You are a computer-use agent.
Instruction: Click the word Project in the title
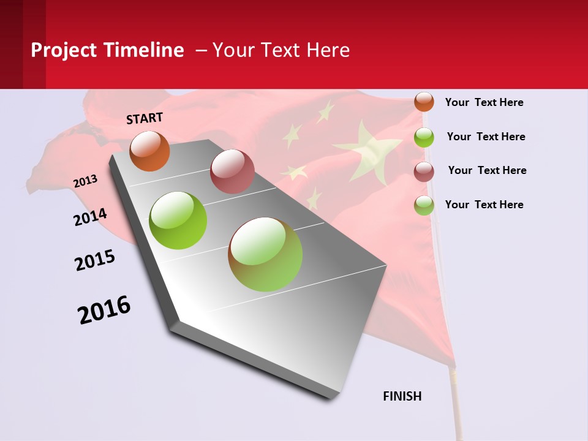point(62,50)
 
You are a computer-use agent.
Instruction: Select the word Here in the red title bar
point(328,50)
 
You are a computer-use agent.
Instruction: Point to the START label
point(145,118)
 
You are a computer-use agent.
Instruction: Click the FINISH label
point(402,396)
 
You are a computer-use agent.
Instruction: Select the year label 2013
point(85,181)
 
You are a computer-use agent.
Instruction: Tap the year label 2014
point(90,217)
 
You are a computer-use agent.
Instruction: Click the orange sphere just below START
point(150,151)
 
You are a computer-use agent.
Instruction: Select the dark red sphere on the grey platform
point(232,171)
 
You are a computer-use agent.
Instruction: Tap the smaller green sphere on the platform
point(178,221)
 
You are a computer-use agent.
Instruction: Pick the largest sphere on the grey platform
point(265,254)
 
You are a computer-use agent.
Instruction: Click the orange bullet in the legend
point(424,102)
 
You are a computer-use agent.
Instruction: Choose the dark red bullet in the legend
point(424,171)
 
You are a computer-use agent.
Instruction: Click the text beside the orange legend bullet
point(484,102)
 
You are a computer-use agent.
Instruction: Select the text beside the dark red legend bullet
point(487,170)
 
